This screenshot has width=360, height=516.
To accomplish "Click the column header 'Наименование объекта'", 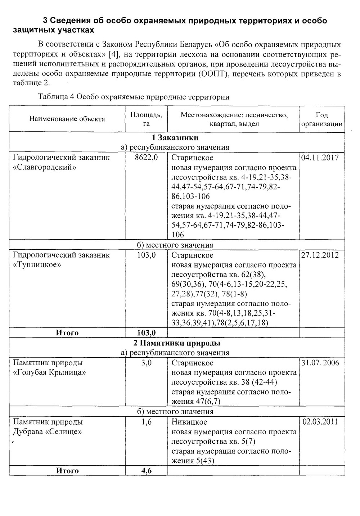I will (x=67, y=119).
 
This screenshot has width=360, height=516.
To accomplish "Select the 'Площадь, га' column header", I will (x=146, y=119).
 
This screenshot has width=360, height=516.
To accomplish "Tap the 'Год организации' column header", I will (x=321, y=119).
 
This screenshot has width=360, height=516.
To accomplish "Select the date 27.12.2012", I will (x=320, y=255).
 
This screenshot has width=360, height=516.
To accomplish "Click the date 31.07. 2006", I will (x=320, y=363).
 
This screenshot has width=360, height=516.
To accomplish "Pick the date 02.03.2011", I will (x=320, y=422).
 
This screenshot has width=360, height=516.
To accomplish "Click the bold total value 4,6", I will (x=146, y=471).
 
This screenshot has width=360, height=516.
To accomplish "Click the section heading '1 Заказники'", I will (x=175, y=138).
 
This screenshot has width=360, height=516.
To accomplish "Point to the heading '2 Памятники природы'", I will (x=175, y=343).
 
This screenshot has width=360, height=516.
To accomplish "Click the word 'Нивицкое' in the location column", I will (x=189, y=422).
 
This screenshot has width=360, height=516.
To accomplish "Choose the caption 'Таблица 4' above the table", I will (x=56, y=97).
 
